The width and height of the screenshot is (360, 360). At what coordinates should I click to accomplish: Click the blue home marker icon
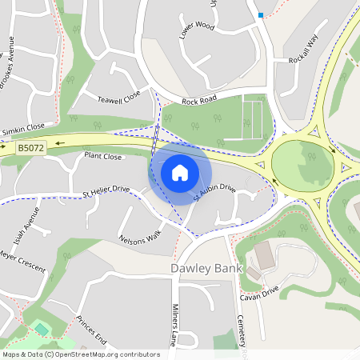(180, 172)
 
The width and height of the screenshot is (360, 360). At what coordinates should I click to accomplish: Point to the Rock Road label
(199, 102)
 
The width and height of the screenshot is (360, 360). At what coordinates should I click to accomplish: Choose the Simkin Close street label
(23, 128)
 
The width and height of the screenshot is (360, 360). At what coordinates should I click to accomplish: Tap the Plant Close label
(103, 157)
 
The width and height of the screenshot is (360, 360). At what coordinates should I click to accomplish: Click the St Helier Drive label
(106, 190)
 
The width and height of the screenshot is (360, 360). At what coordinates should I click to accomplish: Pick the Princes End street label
(91, 330)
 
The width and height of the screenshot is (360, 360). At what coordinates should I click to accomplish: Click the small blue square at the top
(261, 14)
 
